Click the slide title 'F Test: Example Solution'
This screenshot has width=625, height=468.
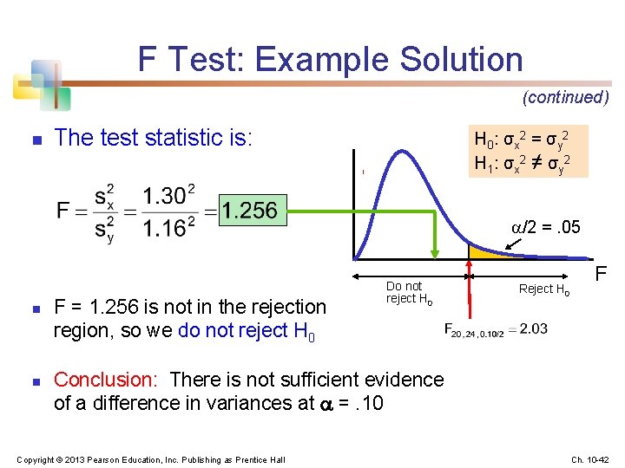(330, 60)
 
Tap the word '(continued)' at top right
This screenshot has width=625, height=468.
(565, 97)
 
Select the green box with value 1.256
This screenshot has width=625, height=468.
(248, 210)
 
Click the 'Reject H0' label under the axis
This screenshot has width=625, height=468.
(543, 289)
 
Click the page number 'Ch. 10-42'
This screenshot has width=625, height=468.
(591, 458)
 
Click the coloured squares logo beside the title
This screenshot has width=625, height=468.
(39, 83)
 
